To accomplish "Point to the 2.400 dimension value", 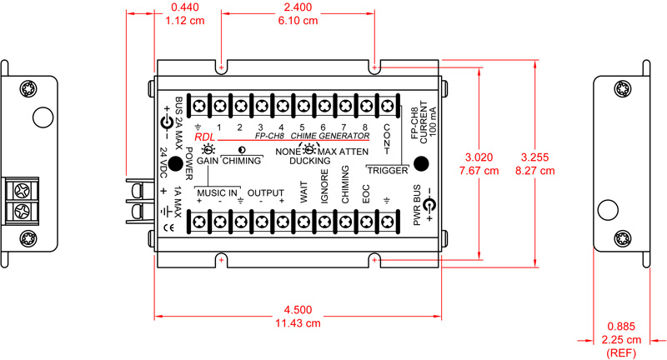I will pyautogui.click(x=298, y=7).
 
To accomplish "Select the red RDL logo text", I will pyautogui.click(x=204, y=136).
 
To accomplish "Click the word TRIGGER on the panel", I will pyautogui.click(x=389, y=171).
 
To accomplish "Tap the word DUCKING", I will pyautogui.click(x=309, y=162).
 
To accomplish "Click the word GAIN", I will pyautogui.click(x=207, y=159).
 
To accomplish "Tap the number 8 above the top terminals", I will pyautogui.click(x=364, y=127).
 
